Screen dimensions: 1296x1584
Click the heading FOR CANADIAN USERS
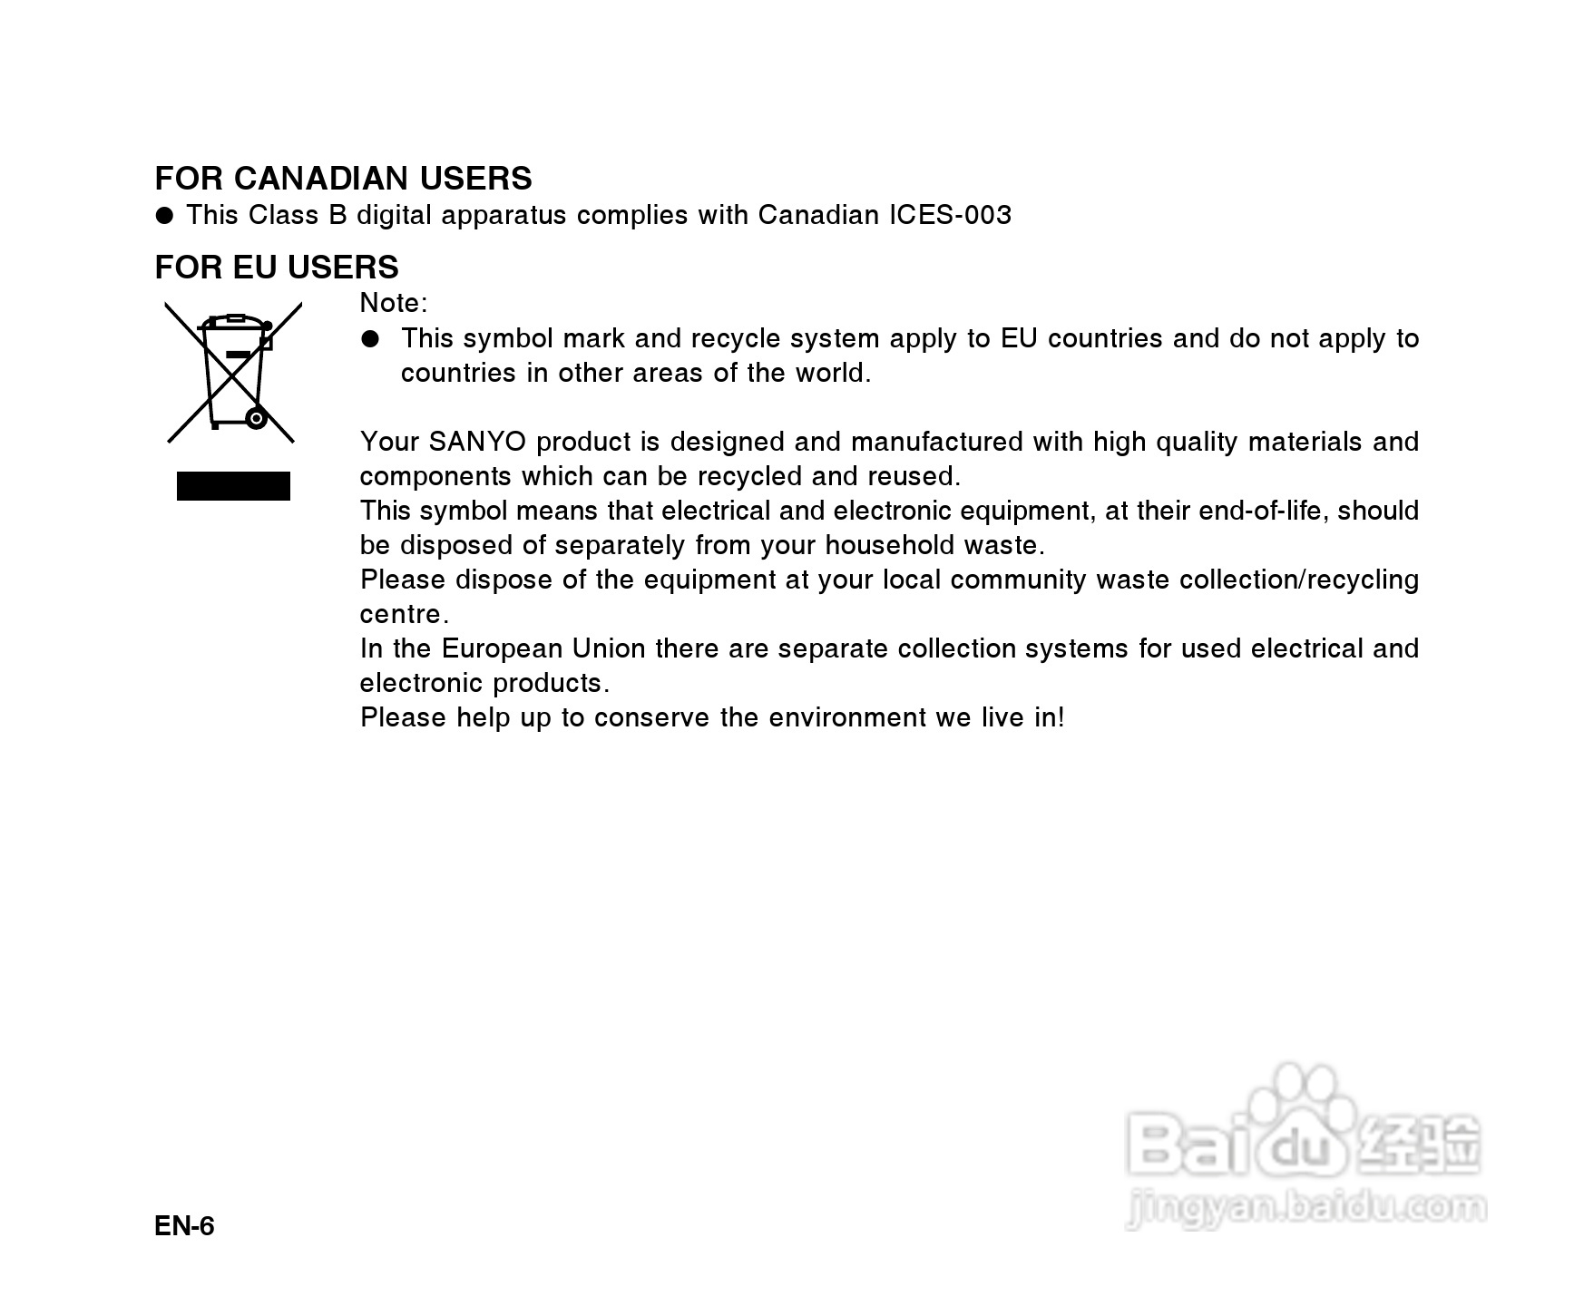[343, 179]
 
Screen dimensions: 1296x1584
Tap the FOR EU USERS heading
[277, 268]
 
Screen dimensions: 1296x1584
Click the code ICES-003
[950, 215]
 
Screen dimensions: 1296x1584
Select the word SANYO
[477, 442]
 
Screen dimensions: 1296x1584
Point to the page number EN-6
[184, 1226]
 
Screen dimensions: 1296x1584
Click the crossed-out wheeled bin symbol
[233, 372]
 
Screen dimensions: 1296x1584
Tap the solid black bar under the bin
[233, 486]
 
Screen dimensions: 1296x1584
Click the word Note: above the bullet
[393, 303]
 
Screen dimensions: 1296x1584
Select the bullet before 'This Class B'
[164, 216]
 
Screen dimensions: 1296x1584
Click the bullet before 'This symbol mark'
[369, 339]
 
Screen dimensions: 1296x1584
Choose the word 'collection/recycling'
[1298, 580]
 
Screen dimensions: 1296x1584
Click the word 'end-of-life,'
[1264, 512]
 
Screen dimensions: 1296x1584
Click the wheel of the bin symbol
[257, 419]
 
